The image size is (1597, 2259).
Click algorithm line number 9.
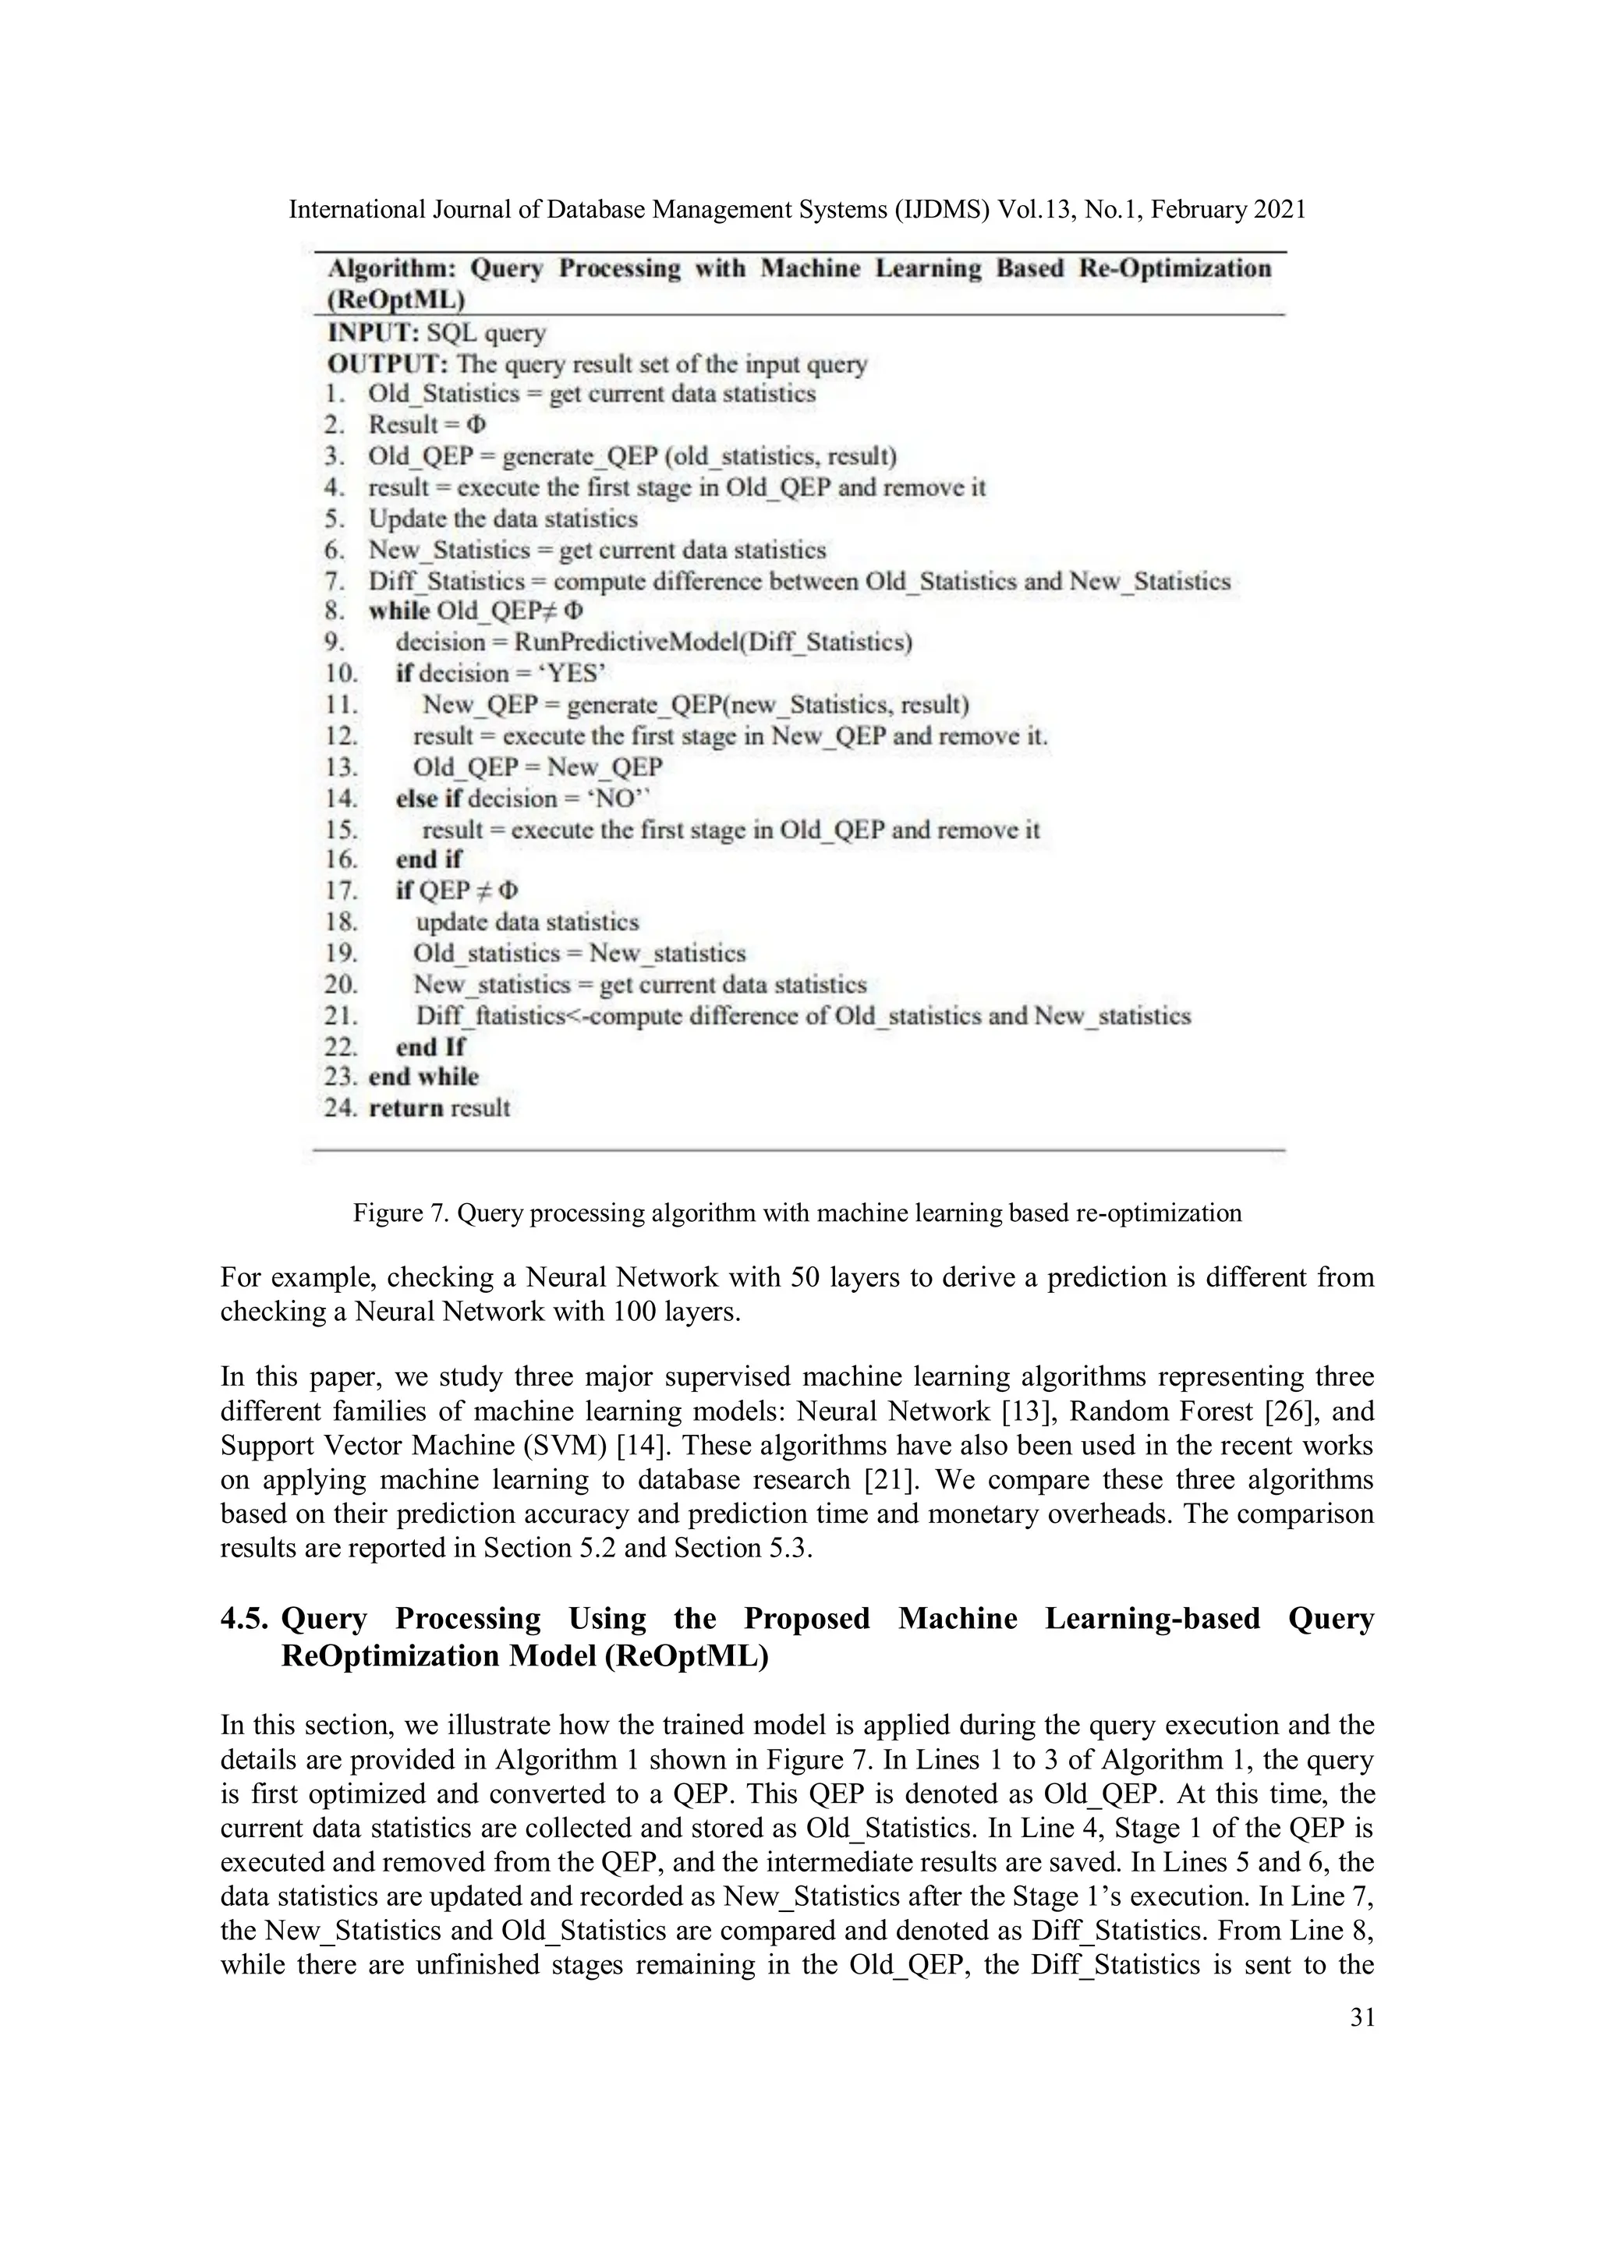click(x=335, y=643)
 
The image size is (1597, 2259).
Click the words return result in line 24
click(x=439, y=1109)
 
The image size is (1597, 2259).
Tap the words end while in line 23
click(x=423, y=1078)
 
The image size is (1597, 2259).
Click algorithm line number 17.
click(x=341, y=891)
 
